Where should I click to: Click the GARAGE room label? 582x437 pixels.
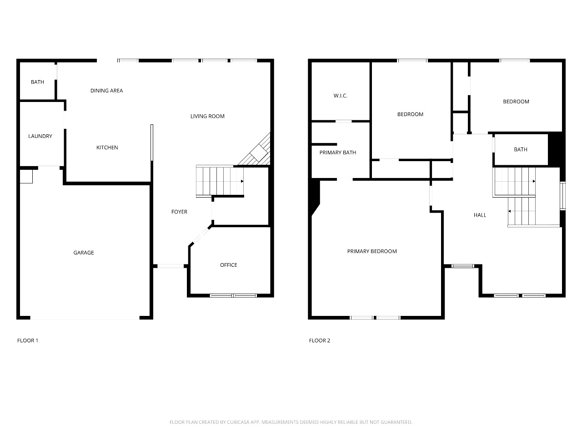click(x=84, y=253)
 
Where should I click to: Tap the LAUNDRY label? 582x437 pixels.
click(x=40, y=136)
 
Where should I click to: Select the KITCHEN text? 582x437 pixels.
click(x=107, y=147)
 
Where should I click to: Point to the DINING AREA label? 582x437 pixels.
click(x=106, y=91)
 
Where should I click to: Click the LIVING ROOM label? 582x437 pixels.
click(x=207, y=116)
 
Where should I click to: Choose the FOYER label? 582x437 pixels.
click(x=179, y=212)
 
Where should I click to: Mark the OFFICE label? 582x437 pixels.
click(x=229, y=265)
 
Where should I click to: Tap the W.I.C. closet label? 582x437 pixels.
click(x=341, y=96)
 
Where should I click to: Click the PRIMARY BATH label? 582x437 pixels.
click(x=338, y=152)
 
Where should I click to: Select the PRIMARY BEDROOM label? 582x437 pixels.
click(x=372, y=251)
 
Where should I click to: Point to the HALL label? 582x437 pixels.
click(x=480, y=215)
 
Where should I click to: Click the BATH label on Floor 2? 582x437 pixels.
click(x=521, y=150)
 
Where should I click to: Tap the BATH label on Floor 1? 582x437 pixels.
click(x=37, y=82)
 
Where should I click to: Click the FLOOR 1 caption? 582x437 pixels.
click(x=28, y=340)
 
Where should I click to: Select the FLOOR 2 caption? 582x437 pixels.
click(x=320, y=340)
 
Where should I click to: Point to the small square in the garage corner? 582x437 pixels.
click(x=26, y=177)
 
